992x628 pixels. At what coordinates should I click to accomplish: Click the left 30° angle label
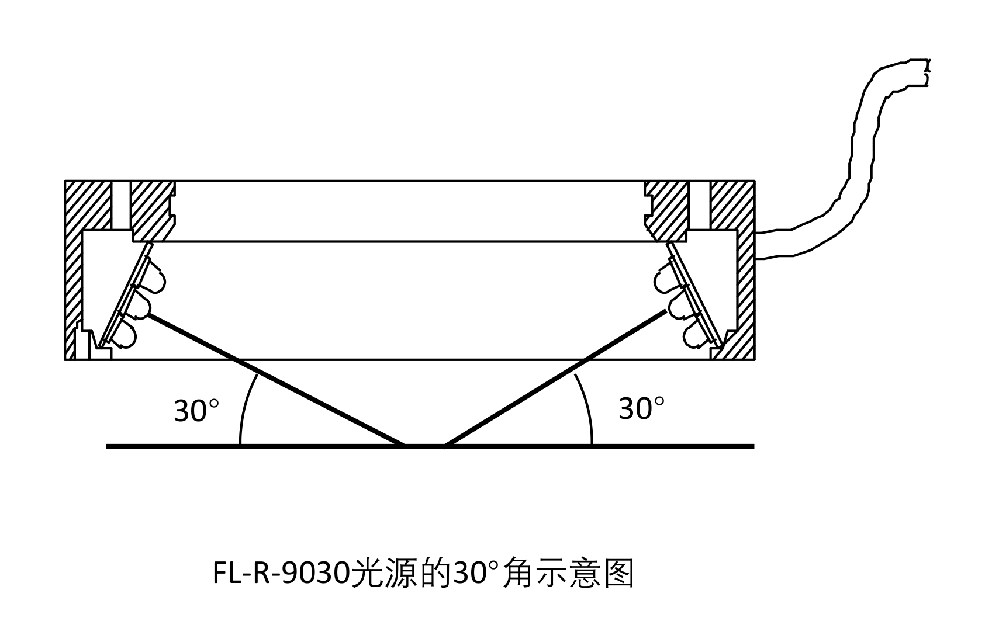pos(196,411)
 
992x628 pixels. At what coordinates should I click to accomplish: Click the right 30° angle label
pos(641,408)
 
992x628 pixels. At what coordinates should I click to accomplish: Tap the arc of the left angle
pos(244,409)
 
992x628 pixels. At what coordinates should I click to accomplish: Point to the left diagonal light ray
pos(275,380)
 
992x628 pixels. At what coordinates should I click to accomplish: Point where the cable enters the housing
pos(758,245)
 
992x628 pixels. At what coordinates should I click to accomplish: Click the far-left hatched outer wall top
pos(88,204)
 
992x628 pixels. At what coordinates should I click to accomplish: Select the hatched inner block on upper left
pos(152,210)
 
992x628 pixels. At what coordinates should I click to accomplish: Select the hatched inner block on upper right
pos(668,210)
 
